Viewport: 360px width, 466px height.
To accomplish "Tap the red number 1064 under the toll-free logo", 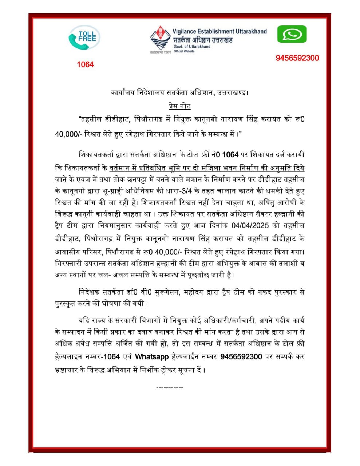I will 85,64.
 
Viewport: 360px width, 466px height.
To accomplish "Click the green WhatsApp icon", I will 292,35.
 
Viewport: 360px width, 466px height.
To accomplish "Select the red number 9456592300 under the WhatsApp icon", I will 297,58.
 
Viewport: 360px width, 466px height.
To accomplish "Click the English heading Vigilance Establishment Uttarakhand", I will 219,32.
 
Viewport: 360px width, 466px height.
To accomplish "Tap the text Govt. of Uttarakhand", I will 191,47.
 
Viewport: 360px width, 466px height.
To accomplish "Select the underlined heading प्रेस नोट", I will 180,106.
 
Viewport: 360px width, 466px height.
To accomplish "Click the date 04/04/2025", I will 250,225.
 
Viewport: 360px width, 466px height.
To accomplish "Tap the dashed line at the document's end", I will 170,388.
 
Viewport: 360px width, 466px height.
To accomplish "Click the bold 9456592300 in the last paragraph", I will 241,356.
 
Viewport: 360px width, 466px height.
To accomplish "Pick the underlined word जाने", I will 60,180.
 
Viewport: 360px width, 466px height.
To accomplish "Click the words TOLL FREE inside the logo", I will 87,36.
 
